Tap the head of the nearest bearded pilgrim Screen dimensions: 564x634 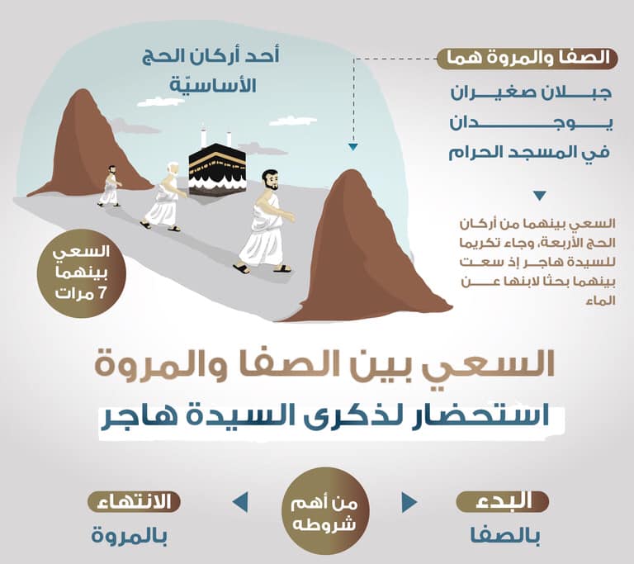(x=269, y=181)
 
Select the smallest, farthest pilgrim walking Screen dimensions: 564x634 (x=109, y=186)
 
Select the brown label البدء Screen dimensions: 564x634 (x=503, y=500)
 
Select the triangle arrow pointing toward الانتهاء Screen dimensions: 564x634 (x=240, y=502)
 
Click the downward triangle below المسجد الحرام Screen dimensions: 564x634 (x=539, y=196)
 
